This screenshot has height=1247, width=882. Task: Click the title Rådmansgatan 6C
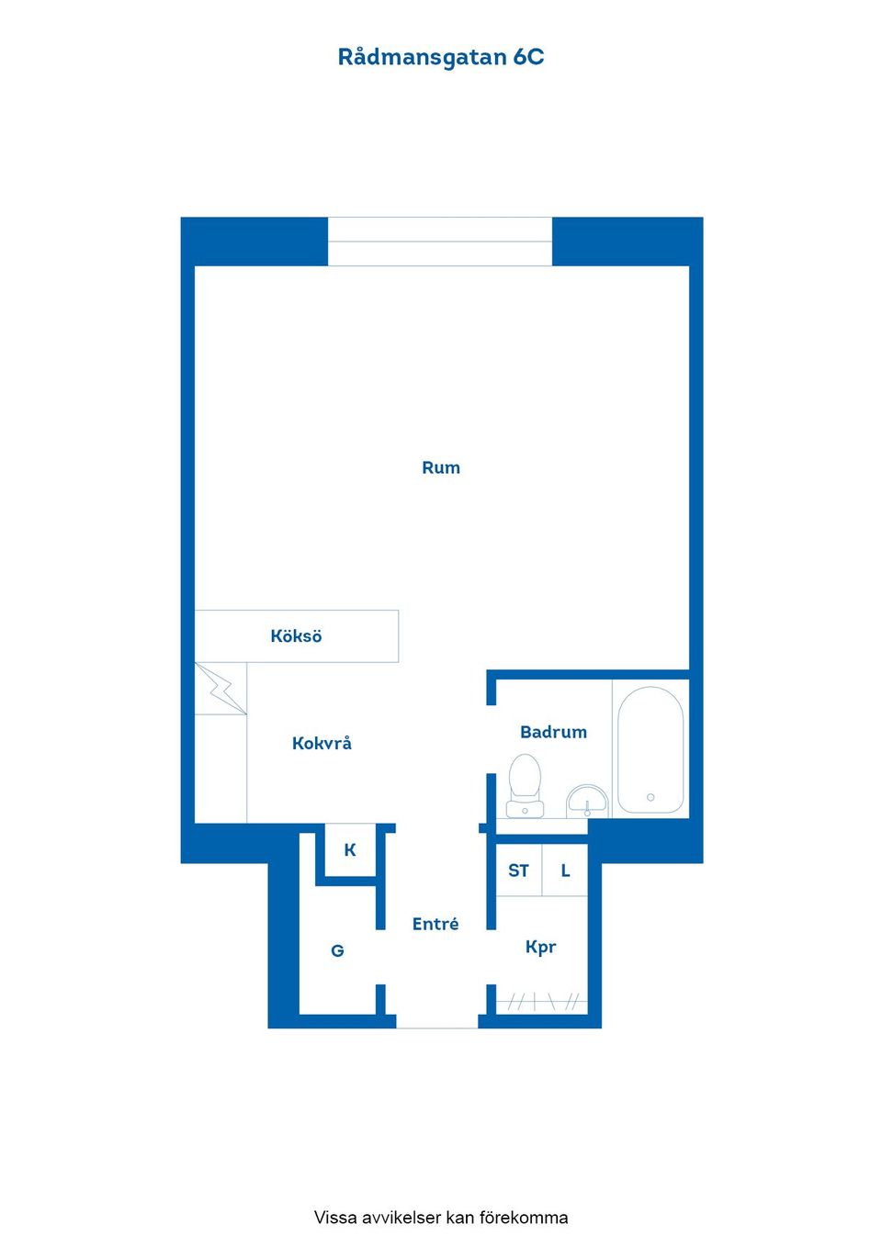[x=440, y=57]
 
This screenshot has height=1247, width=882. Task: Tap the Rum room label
[x=441, y=467]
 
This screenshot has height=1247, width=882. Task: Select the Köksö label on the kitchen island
[x=296, y=635]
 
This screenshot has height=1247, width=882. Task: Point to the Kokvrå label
[x=322, y=743]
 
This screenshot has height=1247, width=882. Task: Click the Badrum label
[x=553, y=732]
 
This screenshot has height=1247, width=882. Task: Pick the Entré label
[x=435, y=924]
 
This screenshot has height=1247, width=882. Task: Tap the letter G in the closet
[x=337, y=950]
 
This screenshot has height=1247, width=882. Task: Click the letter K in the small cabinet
[x=350, y=849]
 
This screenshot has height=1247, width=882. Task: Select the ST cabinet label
[x=518, y=871]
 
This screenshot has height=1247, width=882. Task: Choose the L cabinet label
[x=565, y=871]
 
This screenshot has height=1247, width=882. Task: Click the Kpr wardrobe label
[x=540, y=947]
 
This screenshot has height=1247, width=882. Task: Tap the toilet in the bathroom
[x=525, y=785]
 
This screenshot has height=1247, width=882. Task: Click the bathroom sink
[x=587, y=802]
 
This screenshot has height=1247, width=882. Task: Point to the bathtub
[x=650, y=749]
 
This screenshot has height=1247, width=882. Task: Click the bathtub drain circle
[x=650, y=797]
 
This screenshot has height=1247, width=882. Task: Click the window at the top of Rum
[x=440, y=242]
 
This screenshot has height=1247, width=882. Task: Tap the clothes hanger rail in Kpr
[x=541, y=1002]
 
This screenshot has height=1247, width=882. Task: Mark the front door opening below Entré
[x=437, y=1021]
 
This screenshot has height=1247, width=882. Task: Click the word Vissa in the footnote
[x=335, y=1217]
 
